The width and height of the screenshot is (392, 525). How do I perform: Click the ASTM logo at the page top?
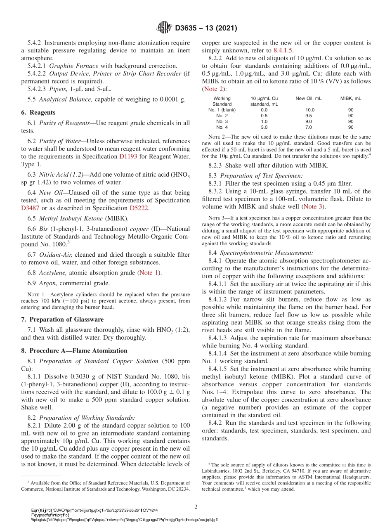click(165, 28)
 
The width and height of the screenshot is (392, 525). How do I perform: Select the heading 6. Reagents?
click(38, 112)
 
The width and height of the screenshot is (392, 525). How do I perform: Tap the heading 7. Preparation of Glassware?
click(62, 319)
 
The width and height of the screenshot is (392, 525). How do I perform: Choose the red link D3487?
click(30, 208)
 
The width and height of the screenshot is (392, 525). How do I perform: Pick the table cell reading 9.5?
click(308, 116)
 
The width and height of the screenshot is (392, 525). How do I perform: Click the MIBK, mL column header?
click(350, 98)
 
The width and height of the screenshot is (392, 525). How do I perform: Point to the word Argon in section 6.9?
click(47, 283)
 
